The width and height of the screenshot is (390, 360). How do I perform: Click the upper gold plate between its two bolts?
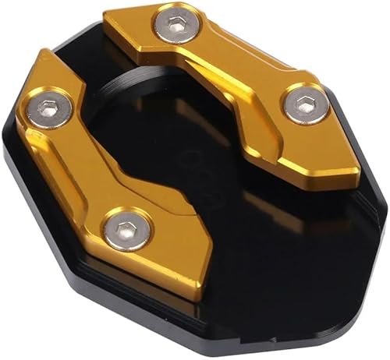[x=234, y=66]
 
